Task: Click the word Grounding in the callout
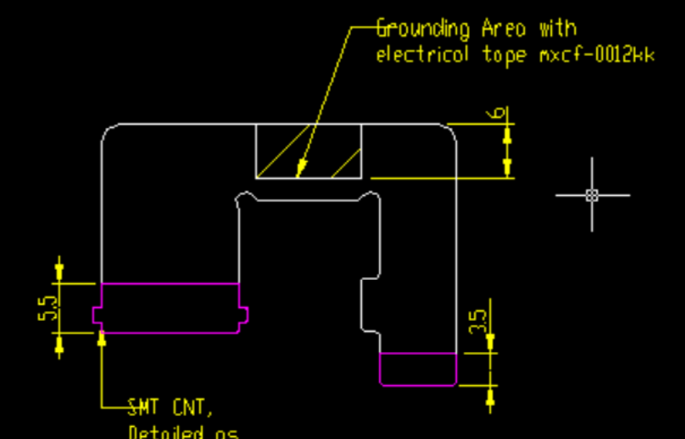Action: (x=423, y=30)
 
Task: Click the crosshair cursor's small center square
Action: (x=592, y=195)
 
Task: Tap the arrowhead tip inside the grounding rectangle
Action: (x=300, y=173)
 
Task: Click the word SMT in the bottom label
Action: (x=144, y=409)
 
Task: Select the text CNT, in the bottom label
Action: (x=192, y=409)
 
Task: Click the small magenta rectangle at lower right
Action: (x=418, y=369)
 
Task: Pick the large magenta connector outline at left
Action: (x=170, y=308)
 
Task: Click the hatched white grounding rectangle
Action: (x=309, y=151)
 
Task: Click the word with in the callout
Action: (x=558, y=30)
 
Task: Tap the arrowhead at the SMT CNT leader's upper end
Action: (x=101, y=338)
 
